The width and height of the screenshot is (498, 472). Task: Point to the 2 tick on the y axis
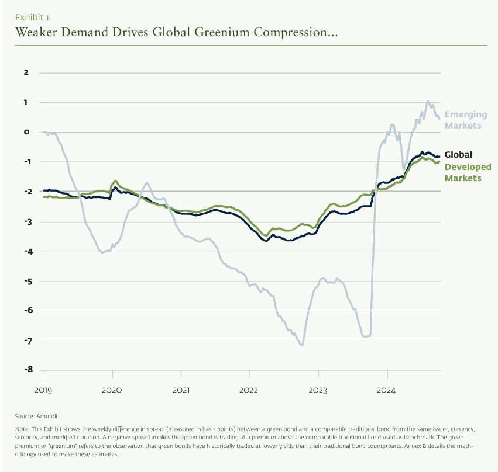click(26, 72)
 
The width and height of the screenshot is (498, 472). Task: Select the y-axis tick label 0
click(26, 132)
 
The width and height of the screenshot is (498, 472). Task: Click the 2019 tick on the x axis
click(43, 389)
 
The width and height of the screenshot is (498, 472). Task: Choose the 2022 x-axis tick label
click(249, 389)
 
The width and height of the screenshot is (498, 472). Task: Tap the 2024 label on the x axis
click(387, 389)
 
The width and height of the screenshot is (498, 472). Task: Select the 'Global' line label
click(458, 155)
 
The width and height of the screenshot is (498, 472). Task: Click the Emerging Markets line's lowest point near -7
click(302, 345)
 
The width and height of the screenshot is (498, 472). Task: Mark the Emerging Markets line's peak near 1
click(428, 102)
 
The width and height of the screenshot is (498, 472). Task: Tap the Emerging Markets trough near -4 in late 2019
click(102, 252)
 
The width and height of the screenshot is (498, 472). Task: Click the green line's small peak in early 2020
click(115, 181)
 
